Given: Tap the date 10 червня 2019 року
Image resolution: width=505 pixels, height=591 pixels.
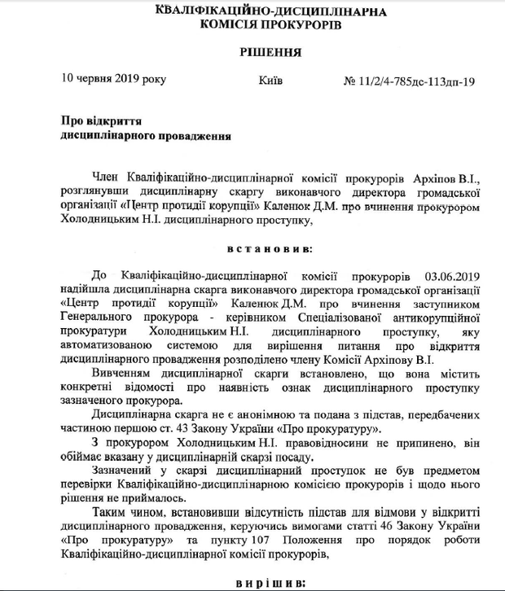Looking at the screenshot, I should pyautogui.click(x=114, y=81).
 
